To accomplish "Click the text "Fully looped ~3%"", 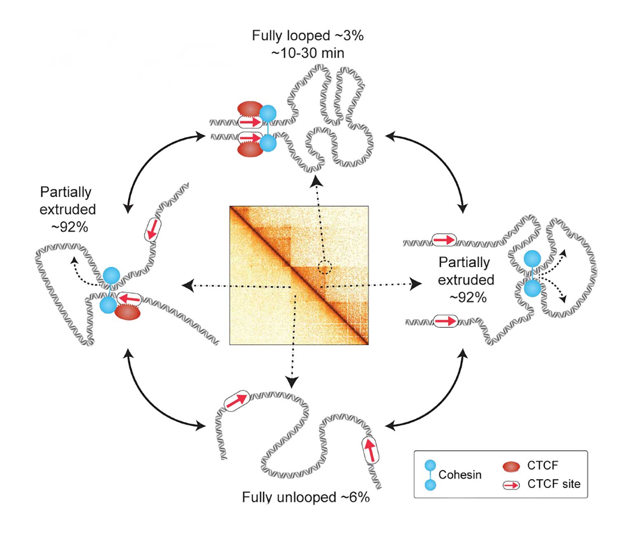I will point(307,36).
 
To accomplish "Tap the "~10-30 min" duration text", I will point(307,53).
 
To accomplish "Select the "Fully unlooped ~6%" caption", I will point(305,497).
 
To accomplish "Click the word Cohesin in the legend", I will point(460,475).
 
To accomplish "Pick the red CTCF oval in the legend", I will point(511,466).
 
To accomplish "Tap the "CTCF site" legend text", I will point(554,484).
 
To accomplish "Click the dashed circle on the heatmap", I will point(325,267).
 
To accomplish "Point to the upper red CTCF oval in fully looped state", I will point(250,109).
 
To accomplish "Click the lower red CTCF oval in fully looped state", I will point(250,149).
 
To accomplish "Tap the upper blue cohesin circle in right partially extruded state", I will point(532,259).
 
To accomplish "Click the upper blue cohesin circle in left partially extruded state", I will point(111,275).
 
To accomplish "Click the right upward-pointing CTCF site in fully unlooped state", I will point(370,450).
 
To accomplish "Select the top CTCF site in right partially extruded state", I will point(444,240).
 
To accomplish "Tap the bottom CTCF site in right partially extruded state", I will point(445,321).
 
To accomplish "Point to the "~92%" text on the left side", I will point(69,227).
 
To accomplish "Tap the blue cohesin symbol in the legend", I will point(430,475).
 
